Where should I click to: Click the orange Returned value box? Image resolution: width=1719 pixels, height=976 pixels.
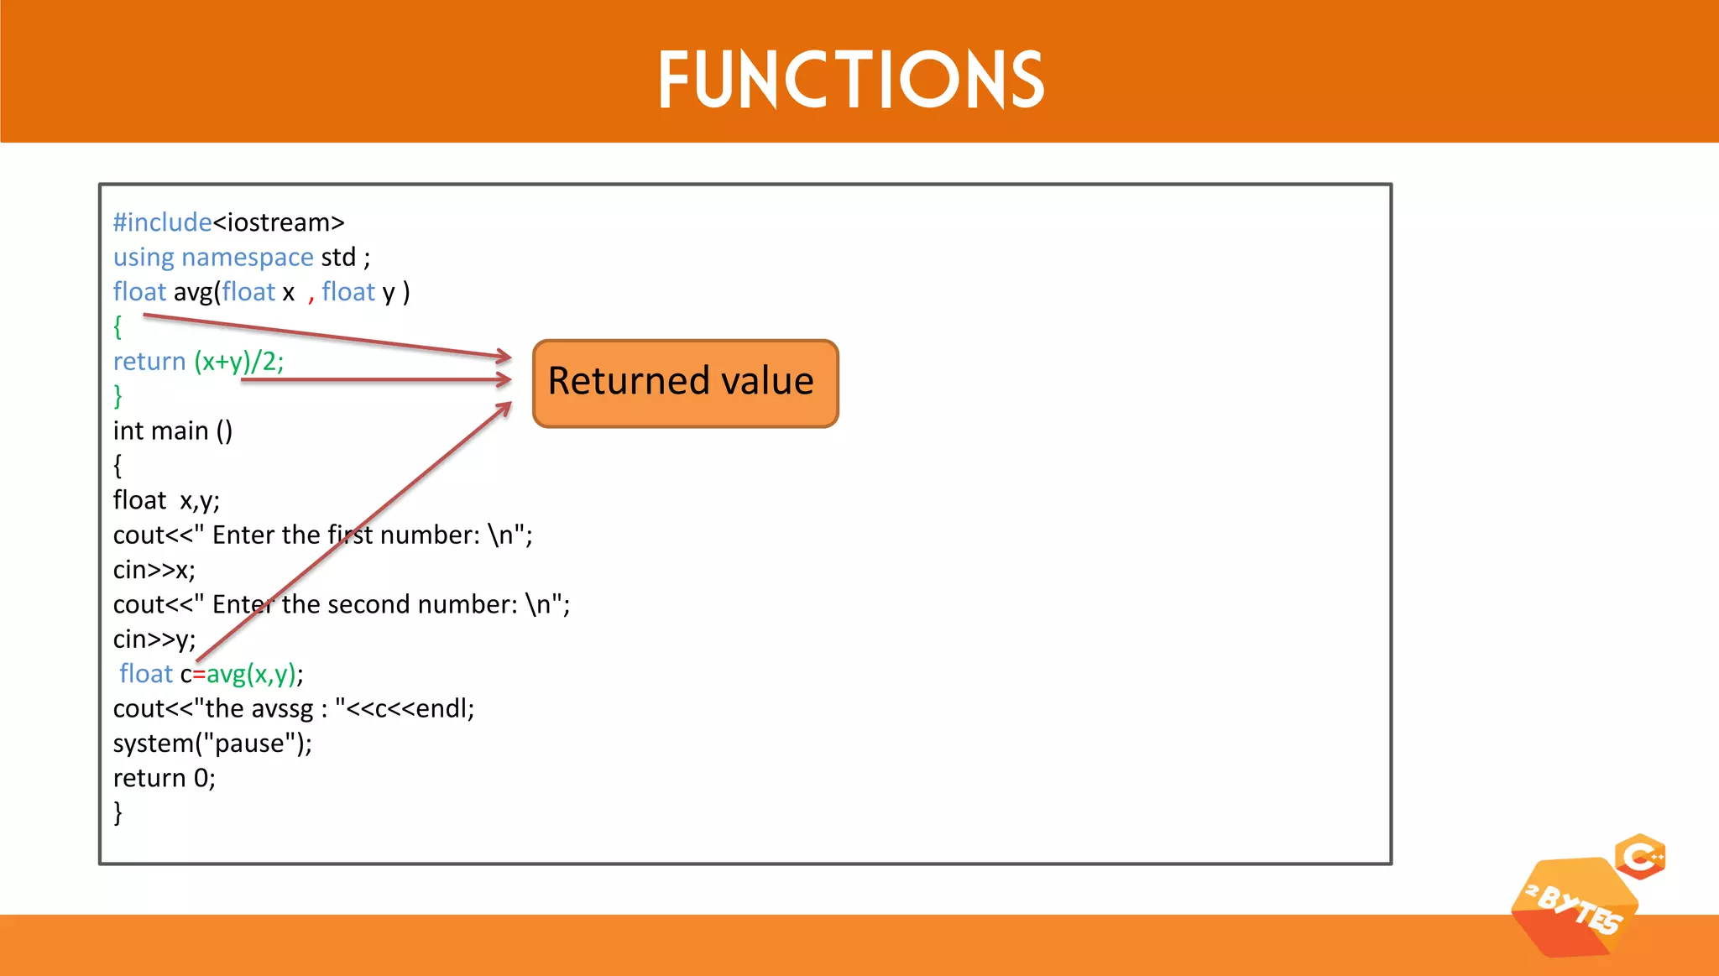(685, 383)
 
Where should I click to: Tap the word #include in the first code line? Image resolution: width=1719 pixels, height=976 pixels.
(162, 222)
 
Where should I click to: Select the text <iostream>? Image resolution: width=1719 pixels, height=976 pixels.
(279, 222)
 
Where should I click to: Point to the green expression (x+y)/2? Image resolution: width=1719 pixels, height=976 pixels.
(239, 361)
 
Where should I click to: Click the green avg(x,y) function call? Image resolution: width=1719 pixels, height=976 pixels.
(251, 674)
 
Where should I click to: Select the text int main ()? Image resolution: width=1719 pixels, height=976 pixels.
(173, 431)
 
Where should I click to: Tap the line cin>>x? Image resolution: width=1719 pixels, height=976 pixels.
(154, 570)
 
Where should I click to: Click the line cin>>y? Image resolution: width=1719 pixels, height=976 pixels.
(154, 639)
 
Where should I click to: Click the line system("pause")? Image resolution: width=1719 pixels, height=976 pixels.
(212, 744)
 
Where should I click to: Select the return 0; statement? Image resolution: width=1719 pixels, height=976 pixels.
(165, 778)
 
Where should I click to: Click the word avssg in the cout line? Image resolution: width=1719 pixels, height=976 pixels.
(282, 709)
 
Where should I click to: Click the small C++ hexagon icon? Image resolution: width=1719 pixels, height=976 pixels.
(1641, 857)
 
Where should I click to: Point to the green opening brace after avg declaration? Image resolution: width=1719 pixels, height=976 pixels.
(118, 326)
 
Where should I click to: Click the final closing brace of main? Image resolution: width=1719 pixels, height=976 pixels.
(118, 812)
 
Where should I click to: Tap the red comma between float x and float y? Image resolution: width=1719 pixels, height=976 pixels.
(311, 294)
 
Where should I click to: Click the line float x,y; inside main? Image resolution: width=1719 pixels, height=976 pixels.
(166, 500)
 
